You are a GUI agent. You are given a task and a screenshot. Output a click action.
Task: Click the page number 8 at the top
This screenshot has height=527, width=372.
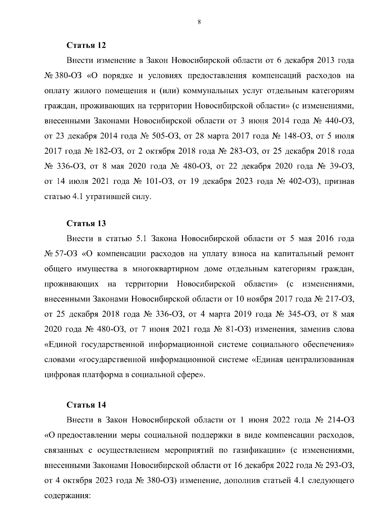point(199,22)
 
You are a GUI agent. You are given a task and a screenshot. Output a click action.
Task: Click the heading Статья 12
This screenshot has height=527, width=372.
point(86,45)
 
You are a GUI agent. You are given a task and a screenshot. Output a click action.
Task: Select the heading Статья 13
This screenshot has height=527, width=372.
point(86,224)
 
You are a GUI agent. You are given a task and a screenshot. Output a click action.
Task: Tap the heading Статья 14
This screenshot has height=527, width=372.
point(86,405)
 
